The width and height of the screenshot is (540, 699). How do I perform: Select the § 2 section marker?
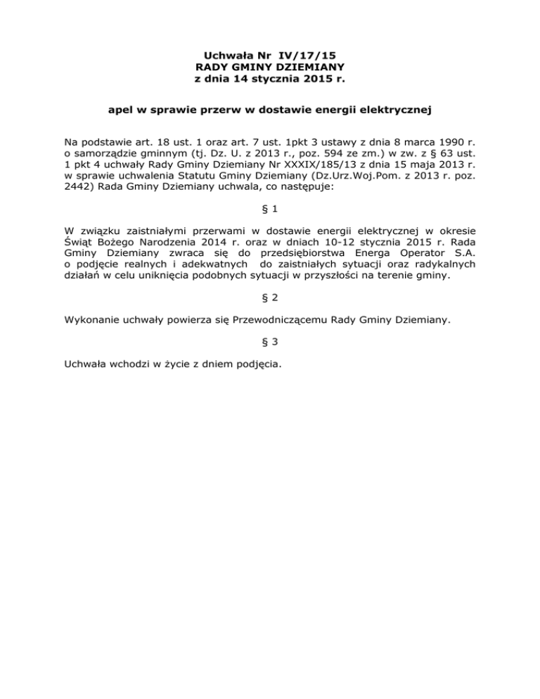coord(270,297)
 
